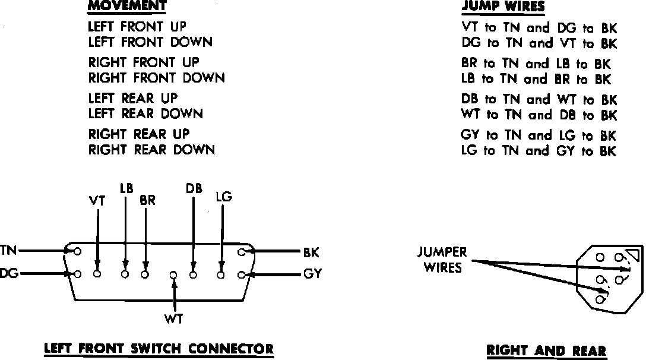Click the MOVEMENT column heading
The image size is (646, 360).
(x=127, y=7)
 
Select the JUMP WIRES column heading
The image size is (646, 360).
(x=503, y=7)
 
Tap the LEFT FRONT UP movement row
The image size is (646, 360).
(x=137, y=27)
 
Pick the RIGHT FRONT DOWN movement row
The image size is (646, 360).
(x=157, y=78)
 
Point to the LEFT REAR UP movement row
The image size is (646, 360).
(x=133, y=98)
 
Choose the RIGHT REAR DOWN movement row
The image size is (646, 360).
(x=151, y=150)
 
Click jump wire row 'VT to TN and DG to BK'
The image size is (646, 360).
(x=539, y=27)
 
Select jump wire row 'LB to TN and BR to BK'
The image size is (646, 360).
(x=536, y=79)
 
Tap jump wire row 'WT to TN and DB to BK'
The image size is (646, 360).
(x=539, y=115)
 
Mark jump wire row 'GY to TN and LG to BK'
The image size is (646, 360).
(x=539, y=135)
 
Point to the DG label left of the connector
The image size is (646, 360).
(x=8, y=274)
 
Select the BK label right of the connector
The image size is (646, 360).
(x=311, y=253)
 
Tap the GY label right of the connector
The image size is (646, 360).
(x=312, y=275)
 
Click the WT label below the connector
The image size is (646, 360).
(x=174, y=319)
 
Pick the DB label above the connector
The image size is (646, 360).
(x=194, y=190)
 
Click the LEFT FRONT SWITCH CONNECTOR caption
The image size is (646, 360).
(x=159, y=349)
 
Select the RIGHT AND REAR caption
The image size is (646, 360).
(x=546, y=350)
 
